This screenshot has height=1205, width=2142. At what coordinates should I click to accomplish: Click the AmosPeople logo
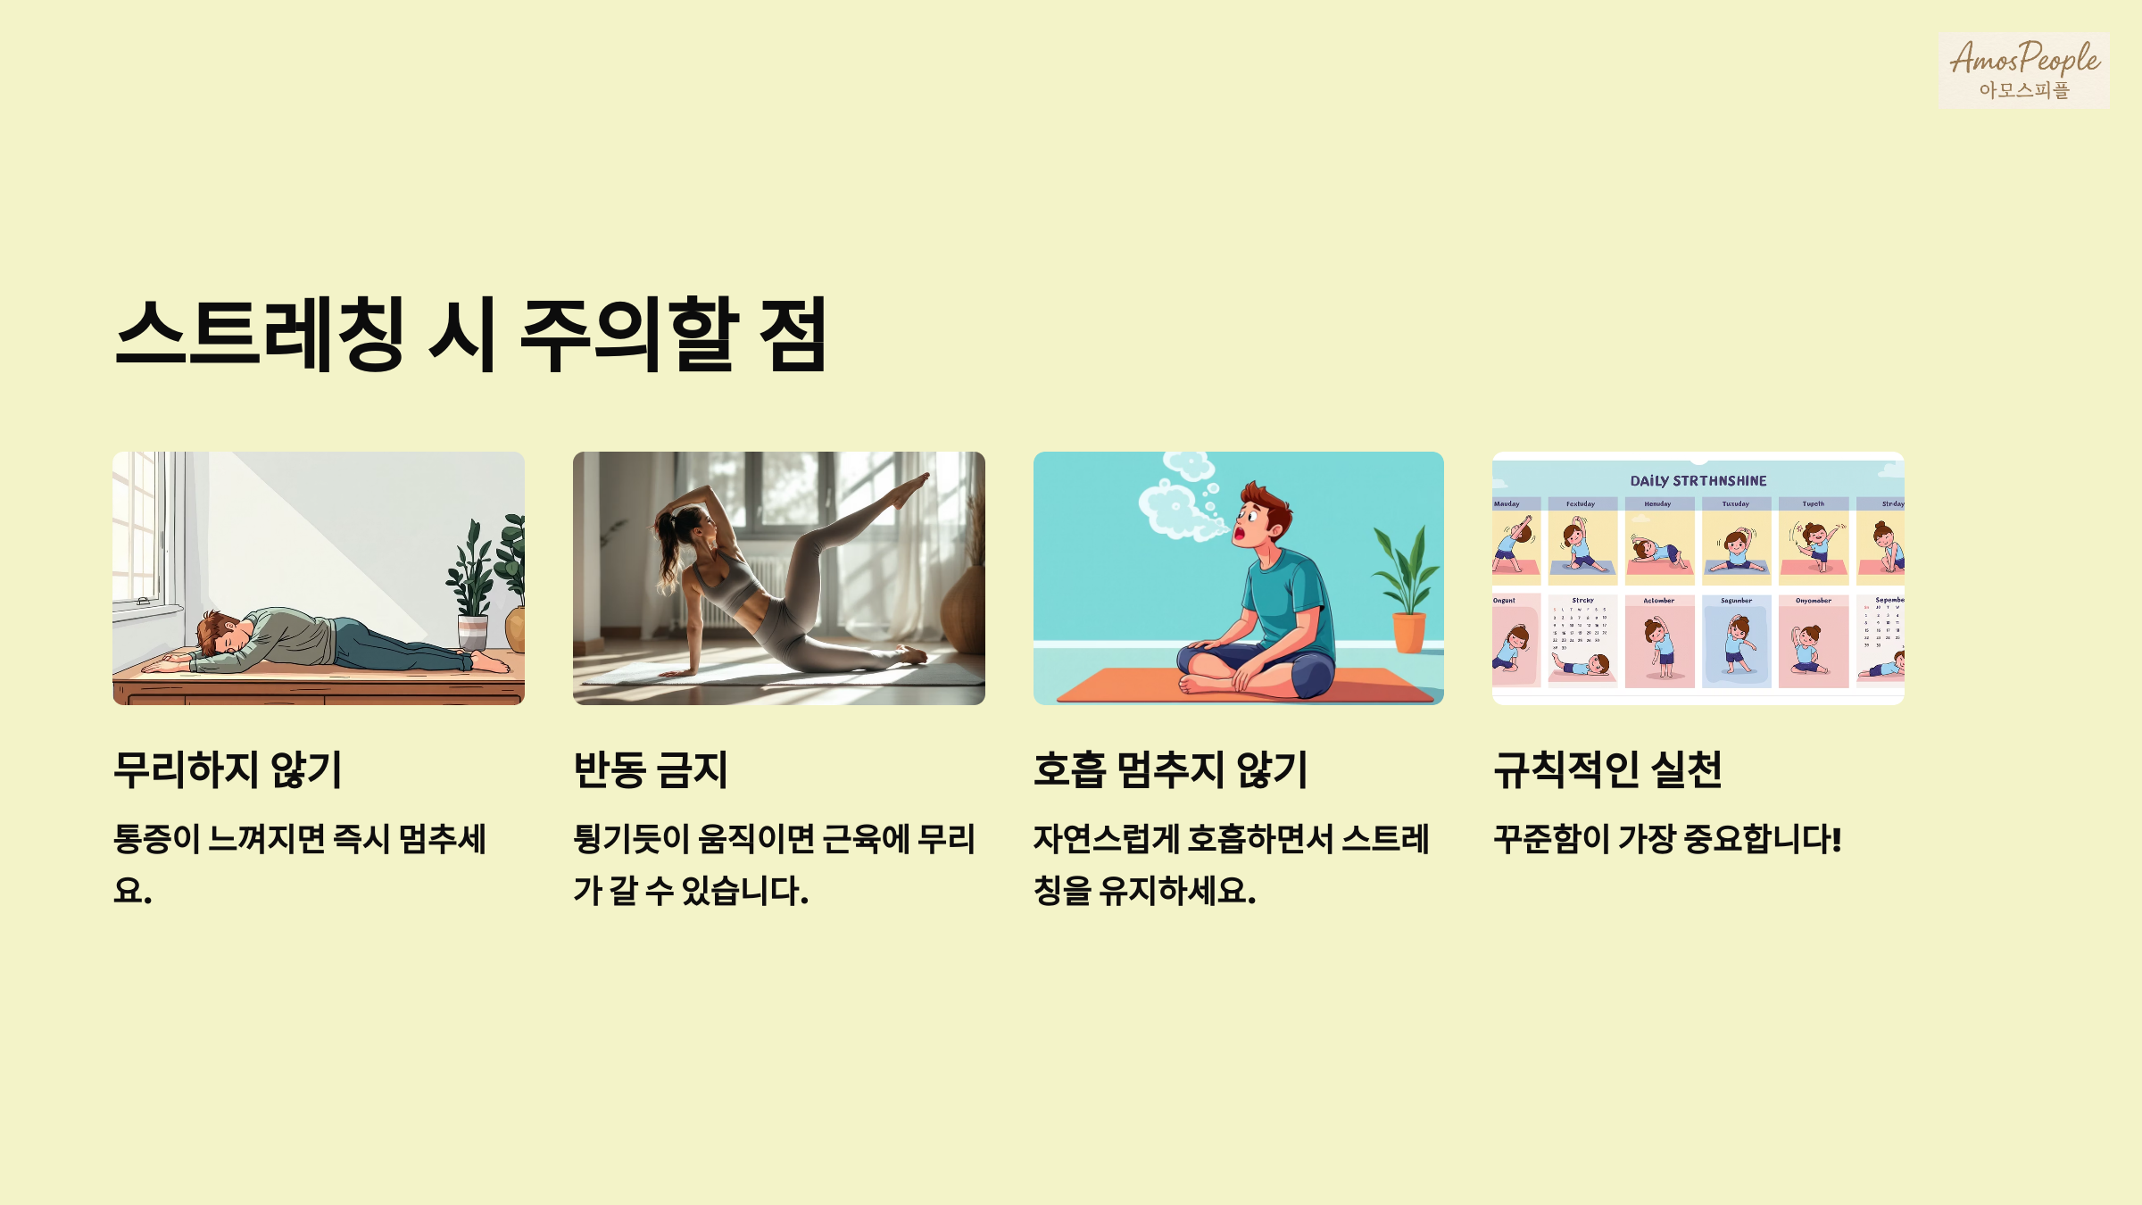pyautogui.click(x=2023, y=70)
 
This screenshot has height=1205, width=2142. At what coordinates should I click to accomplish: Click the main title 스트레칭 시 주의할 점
pyautogui.click(x=471, y=334)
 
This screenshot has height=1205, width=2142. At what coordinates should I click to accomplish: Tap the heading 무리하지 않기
pyautogui.click(x=228, y=769)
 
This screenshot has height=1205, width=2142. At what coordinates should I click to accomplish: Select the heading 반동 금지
pyautogui.click(x=651, y=769)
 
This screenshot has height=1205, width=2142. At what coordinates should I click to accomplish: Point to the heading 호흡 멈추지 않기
pyautogui.click(x=1170, y=769)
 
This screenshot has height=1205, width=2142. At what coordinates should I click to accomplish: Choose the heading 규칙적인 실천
pyautogui.click(x=1607, y=769)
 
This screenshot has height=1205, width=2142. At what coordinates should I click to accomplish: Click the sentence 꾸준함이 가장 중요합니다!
pyautogui.click(x=1667, y=839)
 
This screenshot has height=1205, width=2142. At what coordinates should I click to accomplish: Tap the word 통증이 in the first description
pyautogui.click(x=156, y=839)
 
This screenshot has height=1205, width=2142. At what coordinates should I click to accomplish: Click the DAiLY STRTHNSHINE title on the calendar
pyautogui.click(x=1698, y=481)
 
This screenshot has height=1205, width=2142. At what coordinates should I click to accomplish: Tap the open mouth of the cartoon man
pyautogui.click(x=1240, y=534)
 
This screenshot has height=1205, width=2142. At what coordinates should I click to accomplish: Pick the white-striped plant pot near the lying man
pyautogui.click(x=472, y=632)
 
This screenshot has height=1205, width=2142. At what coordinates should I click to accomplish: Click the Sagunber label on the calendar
pyautogui.click(x=1736, y=601)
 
